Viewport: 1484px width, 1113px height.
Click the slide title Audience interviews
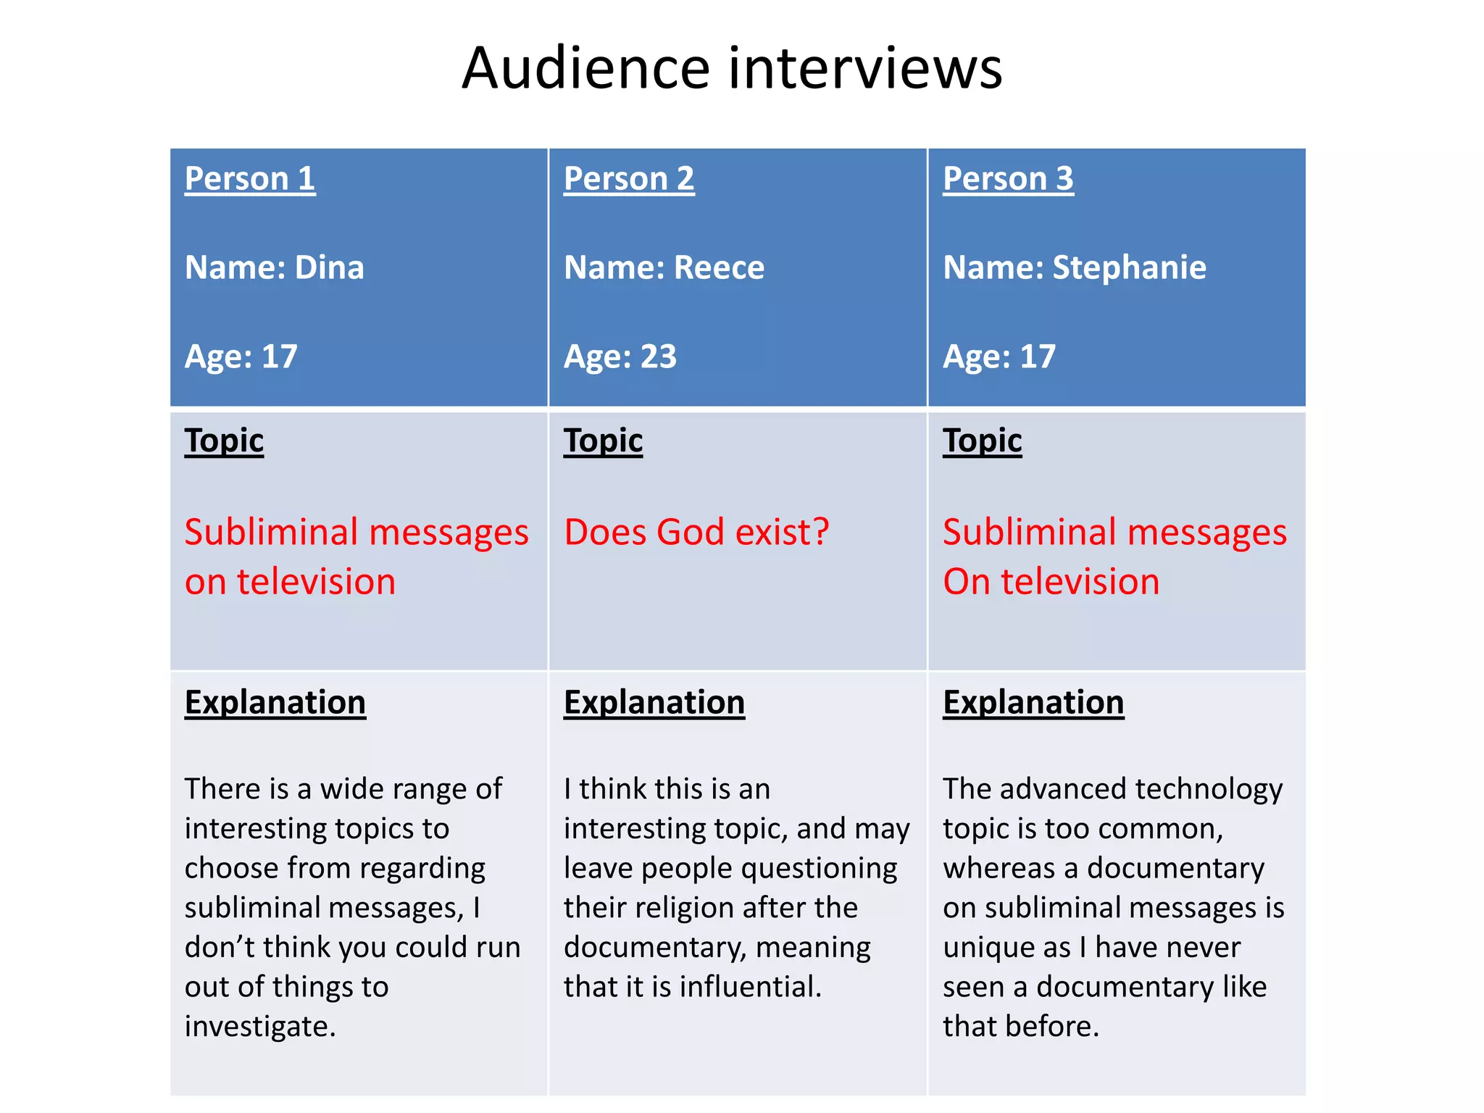coord(732,68)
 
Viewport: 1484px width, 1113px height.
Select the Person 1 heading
coord(250,178)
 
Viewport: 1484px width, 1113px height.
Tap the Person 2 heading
coord(629,178)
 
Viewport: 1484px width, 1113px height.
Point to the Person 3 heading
coord(1008,178)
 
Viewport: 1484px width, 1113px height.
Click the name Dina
coord(330,267)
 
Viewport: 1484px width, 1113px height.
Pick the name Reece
coord(719,267)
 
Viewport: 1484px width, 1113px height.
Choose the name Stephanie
coord(1129,267)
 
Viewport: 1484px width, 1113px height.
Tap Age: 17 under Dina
coord(241,357)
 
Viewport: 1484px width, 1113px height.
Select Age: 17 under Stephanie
coord(999,357)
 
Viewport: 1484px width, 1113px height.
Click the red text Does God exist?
coord(696,532)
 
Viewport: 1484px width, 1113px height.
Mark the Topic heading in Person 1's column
coord(224,441)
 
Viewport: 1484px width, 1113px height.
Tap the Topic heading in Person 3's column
coord(982,441)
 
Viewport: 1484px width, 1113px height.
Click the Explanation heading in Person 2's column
coord(654,702)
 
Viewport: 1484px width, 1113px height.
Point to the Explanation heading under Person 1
coord(275,702)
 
